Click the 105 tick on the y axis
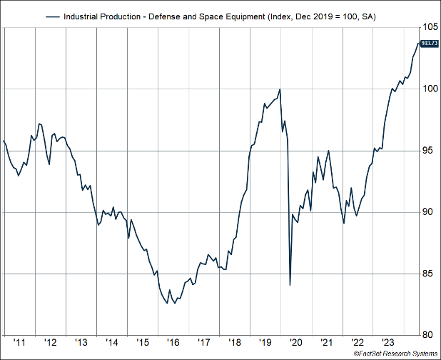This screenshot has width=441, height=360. [x=430, y=26]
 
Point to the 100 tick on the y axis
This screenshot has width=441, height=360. [x=430, y=89]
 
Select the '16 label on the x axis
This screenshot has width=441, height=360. [x=173, y=341]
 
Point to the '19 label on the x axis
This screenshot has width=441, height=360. [x=266, y=341]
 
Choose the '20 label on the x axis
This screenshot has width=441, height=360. [x=297, y=341]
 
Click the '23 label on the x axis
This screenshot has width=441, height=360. [x=390, y=341]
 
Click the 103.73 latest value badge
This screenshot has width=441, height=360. [x=430, y=44]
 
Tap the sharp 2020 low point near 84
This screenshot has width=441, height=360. [x=290, y=285]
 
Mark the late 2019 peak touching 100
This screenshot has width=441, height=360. [x=280, y=89]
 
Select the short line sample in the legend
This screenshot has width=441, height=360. [x=54, y=15]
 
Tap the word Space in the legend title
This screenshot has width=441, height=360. [x=213, y=15]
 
